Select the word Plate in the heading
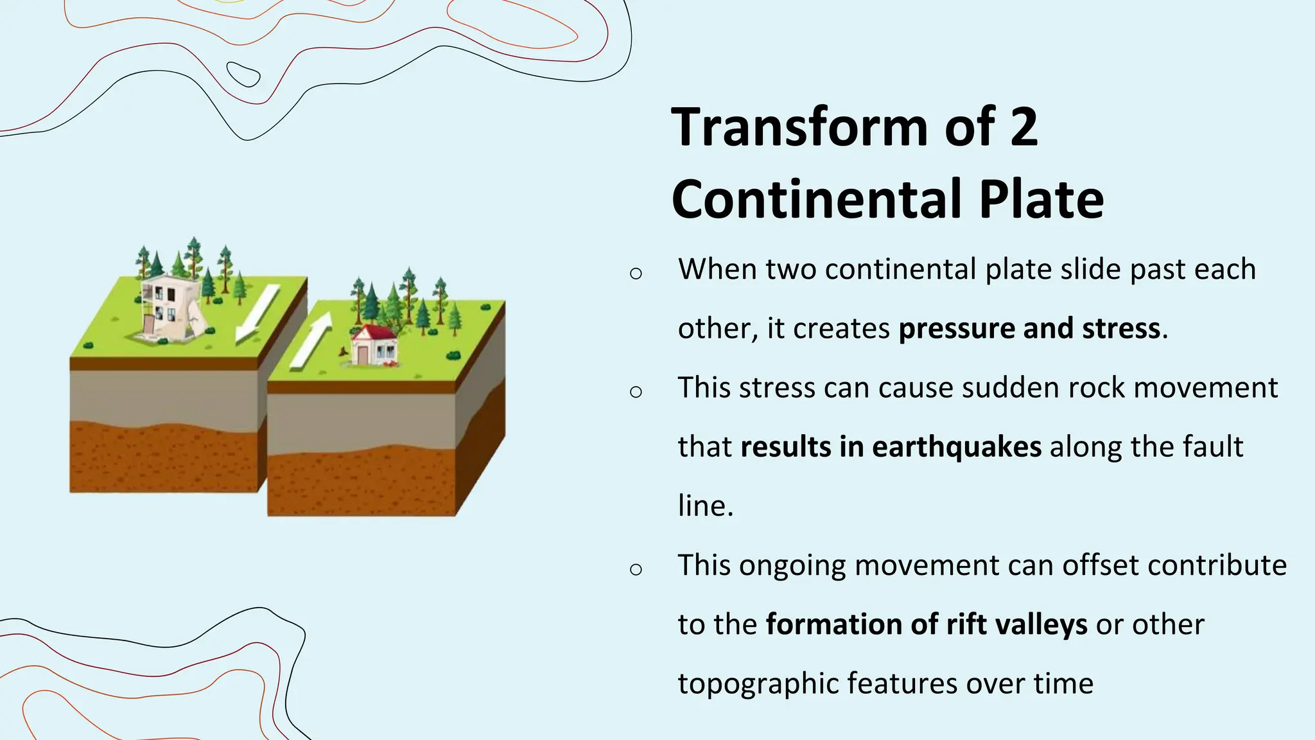(1041, 199)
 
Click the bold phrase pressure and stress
(1029, 328)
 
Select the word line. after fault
(705, 506)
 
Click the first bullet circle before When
(636, 274)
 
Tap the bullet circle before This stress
(636, 392)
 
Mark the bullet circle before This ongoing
(636, 569)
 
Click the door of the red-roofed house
(363, 355)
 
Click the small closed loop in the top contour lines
(243, 75)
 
